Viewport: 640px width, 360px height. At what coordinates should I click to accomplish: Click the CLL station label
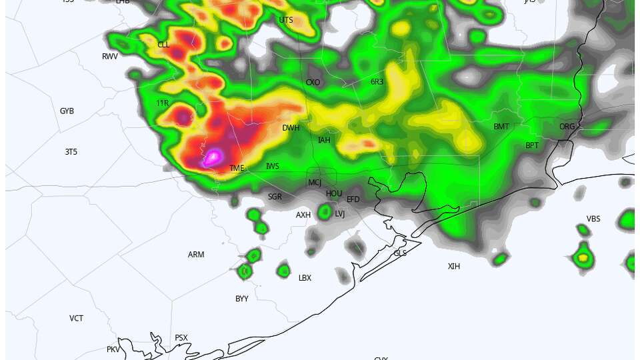(163, 45)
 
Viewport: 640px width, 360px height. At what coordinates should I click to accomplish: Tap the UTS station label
(286, 20)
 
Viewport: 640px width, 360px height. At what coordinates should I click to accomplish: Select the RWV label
(110, 57)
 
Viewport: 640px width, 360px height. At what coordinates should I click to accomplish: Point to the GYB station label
(67, 111)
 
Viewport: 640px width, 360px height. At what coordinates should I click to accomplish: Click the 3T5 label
(71, 152)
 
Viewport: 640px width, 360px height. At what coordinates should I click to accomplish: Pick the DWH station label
(291, 128)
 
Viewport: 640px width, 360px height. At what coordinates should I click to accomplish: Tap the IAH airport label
(324, 140)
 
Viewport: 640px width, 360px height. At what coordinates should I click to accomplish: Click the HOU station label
(334, 193)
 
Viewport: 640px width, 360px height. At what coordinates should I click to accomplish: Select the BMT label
(501, 127)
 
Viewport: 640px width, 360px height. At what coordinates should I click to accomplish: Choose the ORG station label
(567, 127)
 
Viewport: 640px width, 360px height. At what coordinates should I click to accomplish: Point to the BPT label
(532, 145)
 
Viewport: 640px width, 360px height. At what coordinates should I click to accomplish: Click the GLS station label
(400, 253)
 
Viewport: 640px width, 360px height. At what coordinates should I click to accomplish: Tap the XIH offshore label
(454, 267)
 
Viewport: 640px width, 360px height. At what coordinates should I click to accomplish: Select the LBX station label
(305, 278)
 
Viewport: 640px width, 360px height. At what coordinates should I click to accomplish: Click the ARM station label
(196, 255)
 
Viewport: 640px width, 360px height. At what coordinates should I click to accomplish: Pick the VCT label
(77, 319)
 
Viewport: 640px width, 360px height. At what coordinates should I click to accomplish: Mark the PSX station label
(181, 338)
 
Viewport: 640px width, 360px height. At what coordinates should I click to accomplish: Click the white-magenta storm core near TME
(213, 157)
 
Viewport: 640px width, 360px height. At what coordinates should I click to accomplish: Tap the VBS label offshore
(593, 219)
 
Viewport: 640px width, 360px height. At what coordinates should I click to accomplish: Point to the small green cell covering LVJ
(325, 212)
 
